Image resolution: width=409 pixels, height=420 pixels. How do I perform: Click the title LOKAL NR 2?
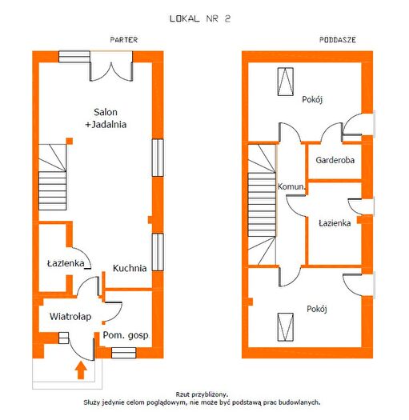[x=200, y=18]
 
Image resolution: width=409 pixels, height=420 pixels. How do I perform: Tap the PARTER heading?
[x=124, y=40]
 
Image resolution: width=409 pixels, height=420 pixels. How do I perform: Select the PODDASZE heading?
[x=338, y=40]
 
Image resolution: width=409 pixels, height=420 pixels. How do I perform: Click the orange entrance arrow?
[x=81, y=370]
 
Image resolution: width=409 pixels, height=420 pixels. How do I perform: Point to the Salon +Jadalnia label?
[x=106, y=118]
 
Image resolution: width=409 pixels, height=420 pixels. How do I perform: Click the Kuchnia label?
[x=130, y=268]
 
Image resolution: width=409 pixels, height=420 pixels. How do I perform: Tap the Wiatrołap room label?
[x=70, y=316]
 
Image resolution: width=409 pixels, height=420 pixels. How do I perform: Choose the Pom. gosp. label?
[x=126, y=335]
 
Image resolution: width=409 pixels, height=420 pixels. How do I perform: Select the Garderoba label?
[x=335, y=160]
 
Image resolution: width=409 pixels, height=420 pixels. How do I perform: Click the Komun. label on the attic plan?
[x=291, y=186]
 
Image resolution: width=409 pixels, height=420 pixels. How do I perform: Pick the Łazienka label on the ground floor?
[x=66, y=263]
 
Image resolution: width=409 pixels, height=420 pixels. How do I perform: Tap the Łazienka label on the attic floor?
[x=335, y=223]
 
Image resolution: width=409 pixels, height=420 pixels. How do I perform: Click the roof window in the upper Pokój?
[x=286, y=82]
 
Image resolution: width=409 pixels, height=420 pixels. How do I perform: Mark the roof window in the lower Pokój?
[x=286, y=327]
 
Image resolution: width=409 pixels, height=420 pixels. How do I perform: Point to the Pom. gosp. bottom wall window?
[x=123, y=353]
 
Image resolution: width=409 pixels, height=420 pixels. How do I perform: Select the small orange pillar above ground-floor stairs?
[x=70, y=141]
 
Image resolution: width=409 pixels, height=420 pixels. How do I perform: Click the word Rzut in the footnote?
[x=182, y=394]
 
